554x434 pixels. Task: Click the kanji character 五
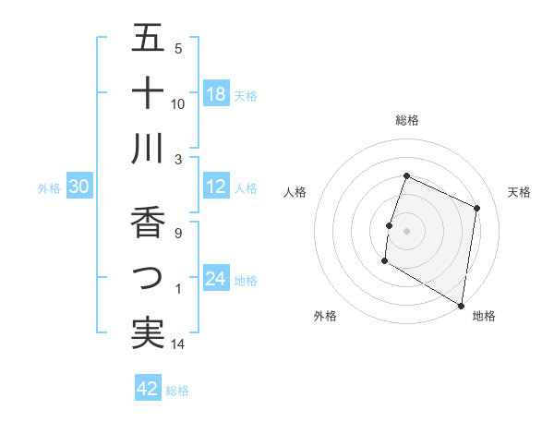point(148,39)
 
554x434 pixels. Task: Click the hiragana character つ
point(148,276)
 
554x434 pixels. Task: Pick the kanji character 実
point(148,332)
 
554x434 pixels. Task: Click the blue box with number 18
point(216,93)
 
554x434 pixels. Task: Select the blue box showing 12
point(216,187)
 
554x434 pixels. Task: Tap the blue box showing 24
point(216,278)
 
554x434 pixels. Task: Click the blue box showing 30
point(79,187)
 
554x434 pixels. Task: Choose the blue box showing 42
point(148,389)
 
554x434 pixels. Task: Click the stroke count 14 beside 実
point(178,344)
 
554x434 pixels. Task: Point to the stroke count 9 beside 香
point(178,234)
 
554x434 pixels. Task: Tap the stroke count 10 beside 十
point(178,103)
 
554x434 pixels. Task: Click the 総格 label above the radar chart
point(406,120)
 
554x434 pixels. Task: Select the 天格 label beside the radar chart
point(519,192)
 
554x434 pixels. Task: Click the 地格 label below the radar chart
point(484,316)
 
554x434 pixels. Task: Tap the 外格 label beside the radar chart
point(325,316)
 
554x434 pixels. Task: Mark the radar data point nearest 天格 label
point(477,208)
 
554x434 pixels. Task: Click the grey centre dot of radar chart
point(406,231)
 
